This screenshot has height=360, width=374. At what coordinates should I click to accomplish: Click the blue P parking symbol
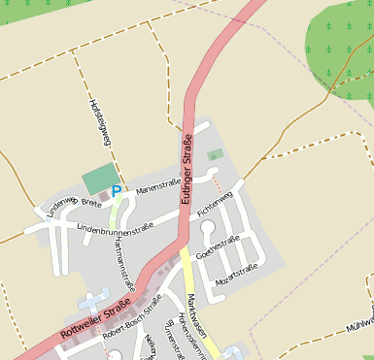tap(116, 193)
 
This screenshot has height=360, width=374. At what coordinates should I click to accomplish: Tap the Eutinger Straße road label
tap(185, 171)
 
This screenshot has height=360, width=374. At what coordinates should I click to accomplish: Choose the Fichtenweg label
tap(215, 205)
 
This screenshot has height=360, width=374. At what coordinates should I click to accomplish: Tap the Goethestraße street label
tap(218, 247)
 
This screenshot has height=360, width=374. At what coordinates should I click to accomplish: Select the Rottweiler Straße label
tap(95, 318)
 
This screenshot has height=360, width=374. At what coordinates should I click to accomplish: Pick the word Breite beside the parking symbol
tap(91, 202)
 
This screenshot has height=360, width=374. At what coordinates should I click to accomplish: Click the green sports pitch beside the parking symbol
tap(99, 179)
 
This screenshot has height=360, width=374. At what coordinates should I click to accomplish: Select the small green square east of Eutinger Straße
tap(216, 154)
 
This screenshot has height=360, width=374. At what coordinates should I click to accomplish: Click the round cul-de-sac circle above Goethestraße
tap(207, 229)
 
